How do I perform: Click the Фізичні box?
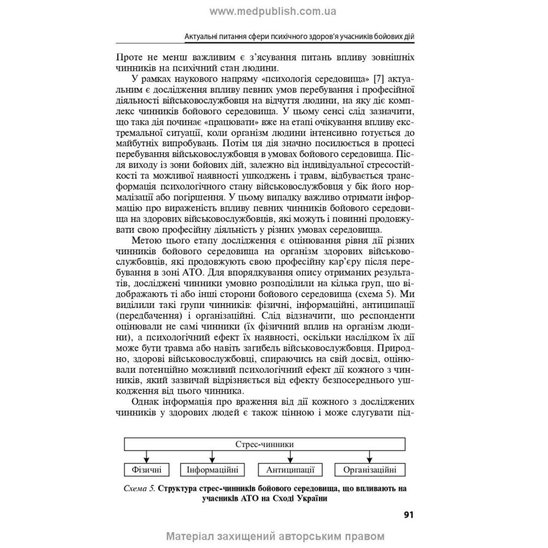point(146,470)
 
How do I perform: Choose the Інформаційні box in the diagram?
point(212,470)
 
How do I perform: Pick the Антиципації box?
point(289,470)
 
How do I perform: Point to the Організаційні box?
point(370,470)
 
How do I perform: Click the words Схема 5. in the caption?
point(139,488)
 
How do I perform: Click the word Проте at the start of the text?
point(130,57)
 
